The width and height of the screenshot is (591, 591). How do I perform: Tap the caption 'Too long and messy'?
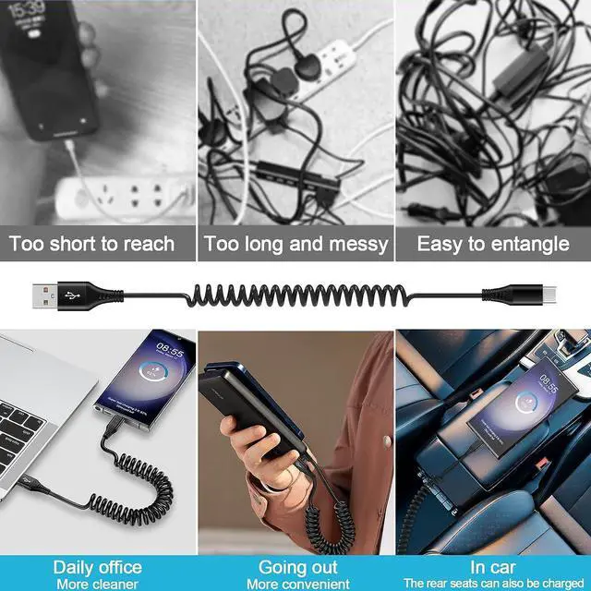(x=295, y=244)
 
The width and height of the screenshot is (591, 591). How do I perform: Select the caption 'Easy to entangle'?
(x=493, y=244)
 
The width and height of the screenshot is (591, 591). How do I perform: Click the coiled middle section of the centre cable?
(x=295, y=298)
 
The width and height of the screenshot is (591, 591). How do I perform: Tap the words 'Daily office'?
(x=97, y=566)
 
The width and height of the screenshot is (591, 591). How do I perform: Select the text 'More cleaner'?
(x=97, y=583)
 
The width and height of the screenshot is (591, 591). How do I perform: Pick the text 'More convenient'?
(x=295, y=583)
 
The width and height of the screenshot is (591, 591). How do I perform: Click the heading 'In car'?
(x=492, y=566)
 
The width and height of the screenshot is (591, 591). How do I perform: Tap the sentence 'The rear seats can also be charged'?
(x=492, y=583)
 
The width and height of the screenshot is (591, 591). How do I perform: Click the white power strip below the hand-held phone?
(x=120, y=196)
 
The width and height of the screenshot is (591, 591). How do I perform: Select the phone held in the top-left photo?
(x=51, y=69)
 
